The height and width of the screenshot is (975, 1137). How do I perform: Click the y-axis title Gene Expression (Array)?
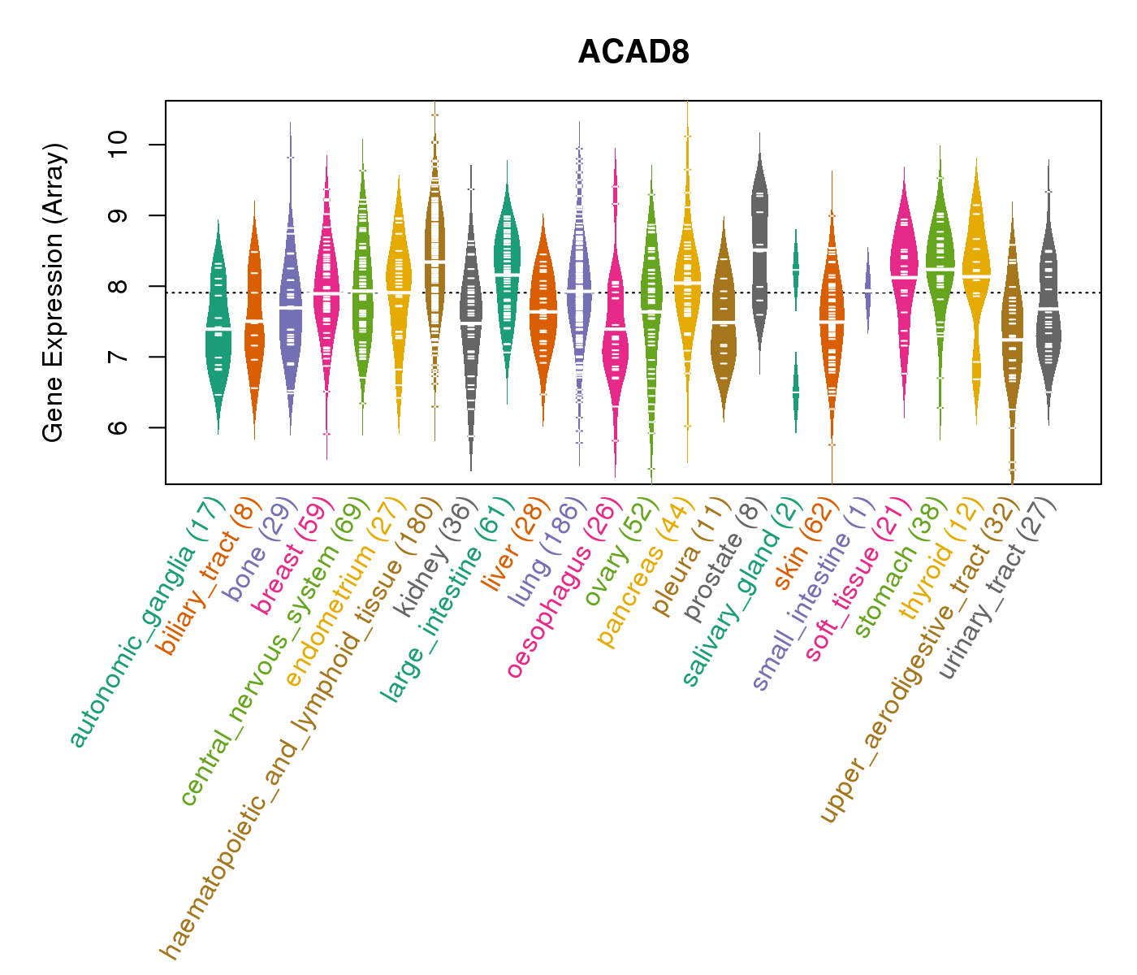54,292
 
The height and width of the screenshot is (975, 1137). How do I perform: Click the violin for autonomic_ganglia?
218,325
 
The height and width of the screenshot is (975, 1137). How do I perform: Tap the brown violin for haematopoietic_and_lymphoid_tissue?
434,260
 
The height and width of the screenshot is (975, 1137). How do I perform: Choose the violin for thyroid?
975,276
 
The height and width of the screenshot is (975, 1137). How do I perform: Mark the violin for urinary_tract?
1048,309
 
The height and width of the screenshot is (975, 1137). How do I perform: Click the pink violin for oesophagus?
615,325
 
